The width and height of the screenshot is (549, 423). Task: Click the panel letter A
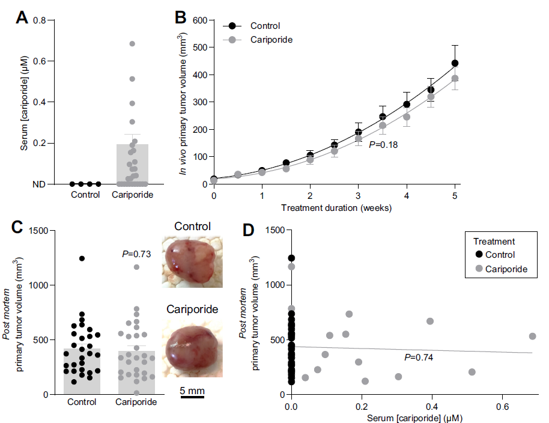(x=22, y=18)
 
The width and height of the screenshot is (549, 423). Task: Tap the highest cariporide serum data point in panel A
(x=132, y=44)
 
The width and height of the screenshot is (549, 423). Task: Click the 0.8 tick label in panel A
(x=40, y=20)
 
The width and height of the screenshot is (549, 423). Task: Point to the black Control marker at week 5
(x=455, y=63)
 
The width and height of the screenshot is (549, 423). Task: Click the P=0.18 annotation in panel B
(x=384, y=144)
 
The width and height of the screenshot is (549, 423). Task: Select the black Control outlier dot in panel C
(x=82, y=258)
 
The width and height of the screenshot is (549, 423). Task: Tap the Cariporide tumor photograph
(x=192, y=348)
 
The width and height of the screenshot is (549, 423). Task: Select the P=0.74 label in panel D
(x=419, y=358)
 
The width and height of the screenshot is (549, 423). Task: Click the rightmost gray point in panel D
(x=532, y=336)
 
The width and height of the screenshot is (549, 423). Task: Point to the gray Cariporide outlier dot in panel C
(x=136, y=267)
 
